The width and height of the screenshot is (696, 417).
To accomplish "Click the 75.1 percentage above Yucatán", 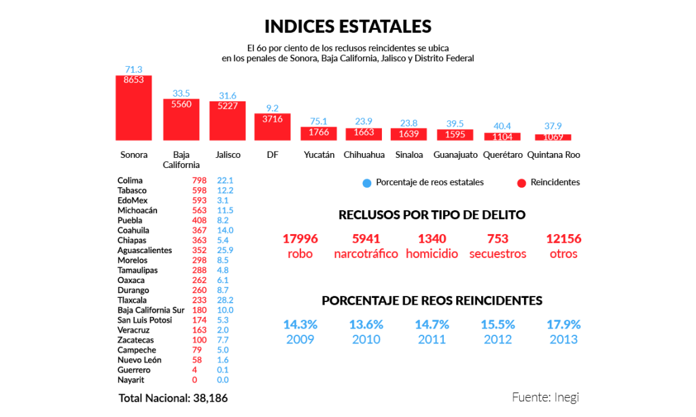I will (319, 122).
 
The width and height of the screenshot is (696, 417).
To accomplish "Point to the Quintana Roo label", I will (553, 155).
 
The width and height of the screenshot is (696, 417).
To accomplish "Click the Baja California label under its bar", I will (181, 160).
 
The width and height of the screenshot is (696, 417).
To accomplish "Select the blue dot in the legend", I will (366, 182).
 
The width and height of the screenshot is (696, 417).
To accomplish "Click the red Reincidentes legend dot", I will (522, 182).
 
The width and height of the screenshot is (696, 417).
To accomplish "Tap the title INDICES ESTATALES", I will (347, 27).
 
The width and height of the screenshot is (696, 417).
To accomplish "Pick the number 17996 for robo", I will (300, 239).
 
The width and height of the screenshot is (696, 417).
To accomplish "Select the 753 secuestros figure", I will (498, 239).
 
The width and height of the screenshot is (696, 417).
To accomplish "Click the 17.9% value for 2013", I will (563, 324).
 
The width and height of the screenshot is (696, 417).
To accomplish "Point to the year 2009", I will (300, 339).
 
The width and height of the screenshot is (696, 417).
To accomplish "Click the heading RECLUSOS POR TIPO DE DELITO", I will (432, 215).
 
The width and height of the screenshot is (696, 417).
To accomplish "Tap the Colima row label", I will (130, 180).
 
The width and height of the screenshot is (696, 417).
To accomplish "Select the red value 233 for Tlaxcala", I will (199, 300).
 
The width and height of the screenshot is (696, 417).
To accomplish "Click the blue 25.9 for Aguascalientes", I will (225, 250).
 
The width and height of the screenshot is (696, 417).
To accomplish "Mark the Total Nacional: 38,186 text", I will (173, 398).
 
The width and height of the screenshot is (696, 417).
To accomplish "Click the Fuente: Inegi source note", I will (545, 397).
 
